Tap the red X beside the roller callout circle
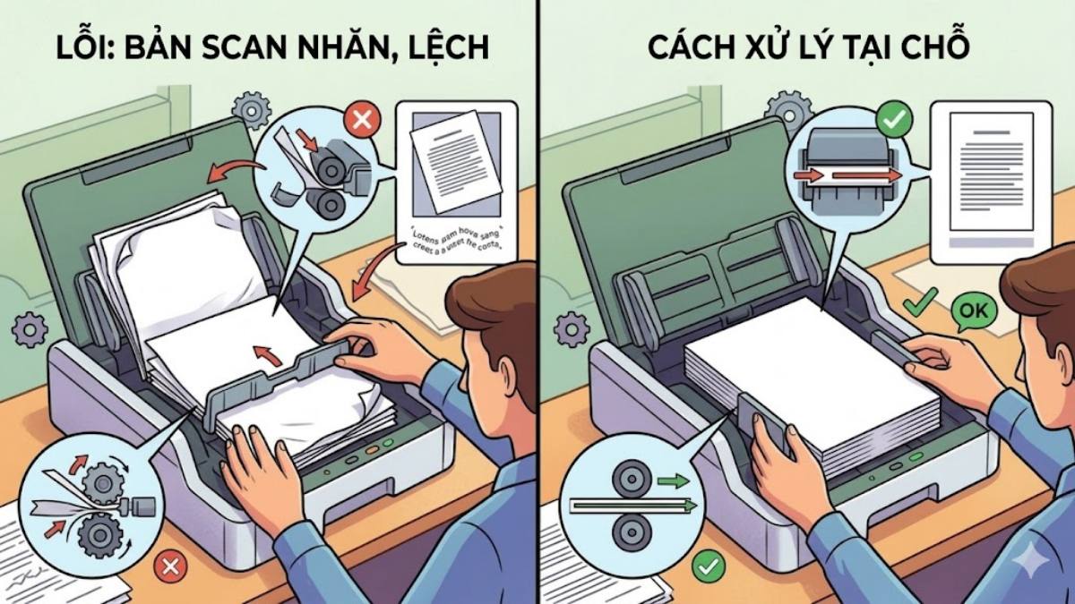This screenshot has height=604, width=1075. [x=362, y=121]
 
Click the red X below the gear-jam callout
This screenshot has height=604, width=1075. [x=169, y=566]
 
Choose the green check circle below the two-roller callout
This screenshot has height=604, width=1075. [x=709, y=566]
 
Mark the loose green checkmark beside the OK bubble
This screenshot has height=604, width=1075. [x=919, y=304]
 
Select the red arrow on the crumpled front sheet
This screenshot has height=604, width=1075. [x=260, y=354]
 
